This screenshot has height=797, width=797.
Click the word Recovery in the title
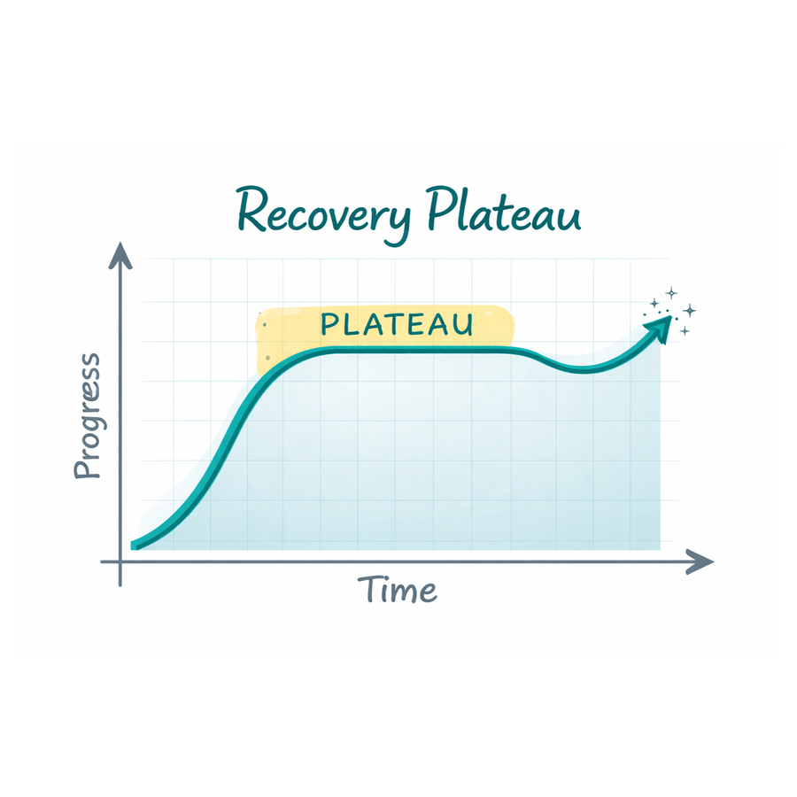click(324, 213)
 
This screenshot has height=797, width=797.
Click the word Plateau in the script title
click(504, 209)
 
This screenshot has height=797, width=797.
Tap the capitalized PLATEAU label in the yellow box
click(397, 324)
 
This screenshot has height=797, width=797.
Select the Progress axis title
click(88, 416)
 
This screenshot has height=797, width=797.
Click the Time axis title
click(397, 589)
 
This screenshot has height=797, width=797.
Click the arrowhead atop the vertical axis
click(120, 255)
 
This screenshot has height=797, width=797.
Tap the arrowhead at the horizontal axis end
click(700, 561)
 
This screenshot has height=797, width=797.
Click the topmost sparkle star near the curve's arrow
click(671, 293)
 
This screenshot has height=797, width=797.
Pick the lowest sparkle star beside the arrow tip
click(685, 331)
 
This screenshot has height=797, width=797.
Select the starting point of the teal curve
click(133, 546)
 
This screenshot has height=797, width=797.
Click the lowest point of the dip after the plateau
click(583, 370)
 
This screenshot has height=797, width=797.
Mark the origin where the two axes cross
click(120, 561)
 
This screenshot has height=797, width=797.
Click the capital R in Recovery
click(252, 210)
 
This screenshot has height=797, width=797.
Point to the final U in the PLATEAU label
click(463, 325)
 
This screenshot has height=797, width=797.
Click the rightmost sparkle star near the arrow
click(689, 310)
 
